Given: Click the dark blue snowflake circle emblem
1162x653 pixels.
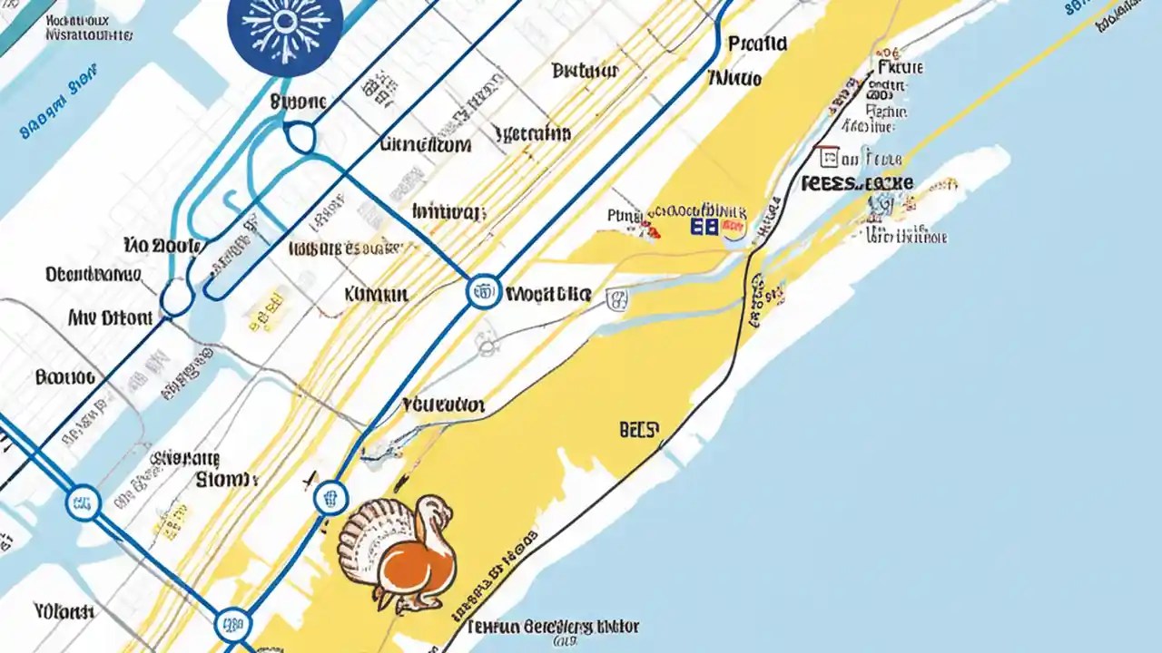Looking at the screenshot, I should pos(285,27).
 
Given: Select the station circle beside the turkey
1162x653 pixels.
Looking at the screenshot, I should pos(330,497).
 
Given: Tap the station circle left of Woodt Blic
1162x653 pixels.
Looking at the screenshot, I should pos(484,292).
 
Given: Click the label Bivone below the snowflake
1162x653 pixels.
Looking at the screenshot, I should pos(299,102).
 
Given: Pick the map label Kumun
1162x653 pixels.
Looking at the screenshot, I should pos(376,294).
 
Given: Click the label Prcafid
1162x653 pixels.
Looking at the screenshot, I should pos(758,43).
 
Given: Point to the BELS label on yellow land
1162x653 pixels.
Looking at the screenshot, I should pos(639,429).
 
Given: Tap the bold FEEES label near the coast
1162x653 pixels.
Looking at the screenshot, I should pos(857,183).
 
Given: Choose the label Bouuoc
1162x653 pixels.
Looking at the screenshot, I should pos(64,376).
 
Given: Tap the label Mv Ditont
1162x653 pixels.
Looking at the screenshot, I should pos(110,318).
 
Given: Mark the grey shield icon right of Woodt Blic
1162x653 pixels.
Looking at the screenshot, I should pos(615,297).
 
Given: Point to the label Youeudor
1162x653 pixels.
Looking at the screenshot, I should pos(443,404).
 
